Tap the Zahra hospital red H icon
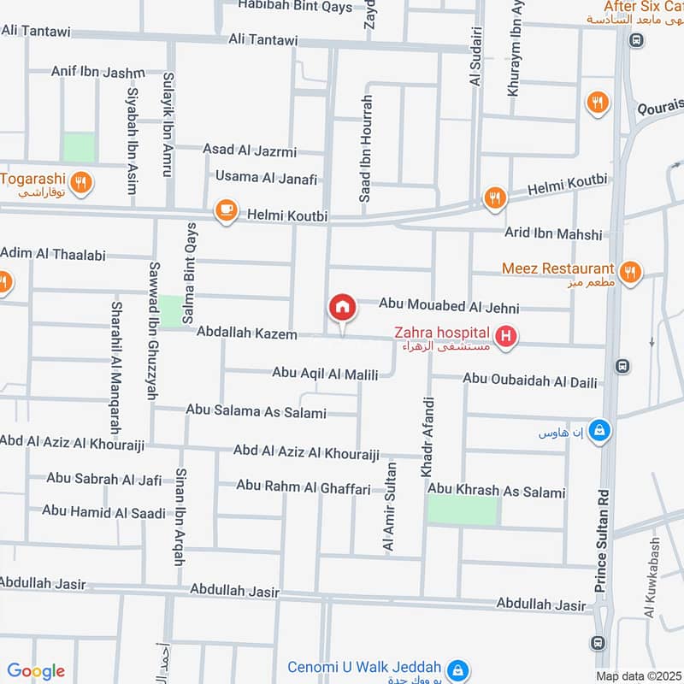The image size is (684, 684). [507, 338]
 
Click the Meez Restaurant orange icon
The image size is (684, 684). [629, 272]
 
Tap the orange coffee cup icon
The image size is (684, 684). [226, 211]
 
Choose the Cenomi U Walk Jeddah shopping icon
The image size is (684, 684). [458, 668]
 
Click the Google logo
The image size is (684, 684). [36, 671]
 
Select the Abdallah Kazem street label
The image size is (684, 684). [246, 333]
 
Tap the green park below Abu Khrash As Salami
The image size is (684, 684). [462, 510]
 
